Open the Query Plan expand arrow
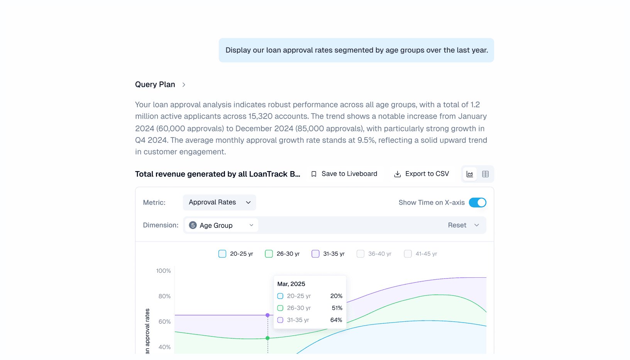click(x=184, y=85)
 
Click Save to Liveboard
click(x=344, y=174)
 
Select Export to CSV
click(x=421, y=174)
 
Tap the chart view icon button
click(x=470, y=174)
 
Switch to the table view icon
click(x=485, y=174)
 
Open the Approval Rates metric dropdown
click(x=219, y=202)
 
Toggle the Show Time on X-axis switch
click(x=478, y=202)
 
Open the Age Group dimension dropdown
click(x=221, y=225)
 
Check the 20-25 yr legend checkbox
click(x=222, y=254)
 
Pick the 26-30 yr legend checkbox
click(x=269, y=254)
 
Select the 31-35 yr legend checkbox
click(x=315, y=254)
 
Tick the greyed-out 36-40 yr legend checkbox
click(x=361, y=254)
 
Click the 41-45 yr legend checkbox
click(x=408, y=254)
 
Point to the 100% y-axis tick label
click(x=163, y=271)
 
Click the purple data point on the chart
click(x=268, y=315)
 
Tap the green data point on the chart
click(x=268, y=338)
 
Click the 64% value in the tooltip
click(x=336, y=320)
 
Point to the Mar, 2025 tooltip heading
click(x=291, y=284)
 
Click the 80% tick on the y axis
click(x=164, y=296)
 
